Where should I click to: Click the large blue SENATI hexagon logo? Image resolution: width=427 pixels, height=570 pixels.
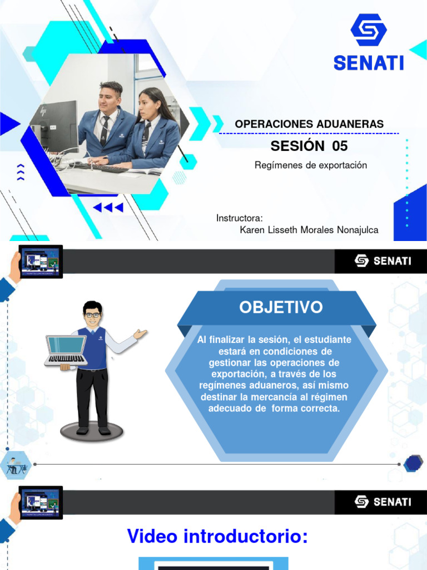click(x=369, y=31)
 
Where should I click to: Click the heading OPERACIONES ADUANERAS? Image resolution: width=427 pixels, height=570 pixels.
click(x=309, y=124)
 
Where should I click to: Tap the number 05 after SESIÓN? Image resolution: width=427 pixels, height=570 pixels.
click(x=340, y=146)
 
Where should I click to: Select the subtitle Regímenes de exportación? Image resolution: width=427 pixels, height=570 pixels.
click(x=311, y=165)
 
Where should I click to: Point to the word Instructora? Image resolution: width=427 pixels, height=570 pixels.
click(x=239, y=218)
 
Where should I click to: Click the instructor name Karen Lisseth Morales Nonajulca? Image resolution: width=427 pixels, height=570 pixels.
click(x=309, y=230)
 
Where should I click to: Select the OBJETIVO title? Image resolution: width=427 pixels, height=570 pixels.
click(x=281, y=307)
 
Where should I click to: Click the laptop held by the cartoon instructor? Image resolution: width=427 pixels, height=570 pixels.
click(x=66, y=349)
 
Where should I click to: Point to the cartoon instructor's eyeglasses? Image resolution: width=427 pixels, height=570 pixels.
click(x=92, y=315)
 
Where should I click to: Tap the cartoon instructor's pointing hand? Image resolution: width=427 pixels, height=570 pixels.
click(x=140, y=334)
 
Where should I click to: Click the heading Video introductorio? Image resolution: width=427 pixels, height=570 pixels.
click(x=217, y=537)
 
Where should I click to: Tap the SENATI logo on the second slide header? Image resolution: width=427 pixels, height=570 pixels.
click(x=383, y=261)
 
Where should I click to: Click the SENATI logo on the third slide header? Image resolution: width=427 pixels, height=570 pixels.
click(x=383, y=502)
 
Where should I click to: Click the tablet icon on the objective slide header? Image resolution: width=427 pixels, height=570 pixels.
click(x=40, y=261)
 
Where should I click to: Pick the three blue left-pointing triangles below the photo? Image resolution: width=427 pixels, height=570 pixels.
click(x=108, y=208)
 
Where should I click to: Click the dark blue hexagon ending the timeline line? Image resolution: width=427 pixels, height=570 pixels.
click(x=413, y=463)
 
